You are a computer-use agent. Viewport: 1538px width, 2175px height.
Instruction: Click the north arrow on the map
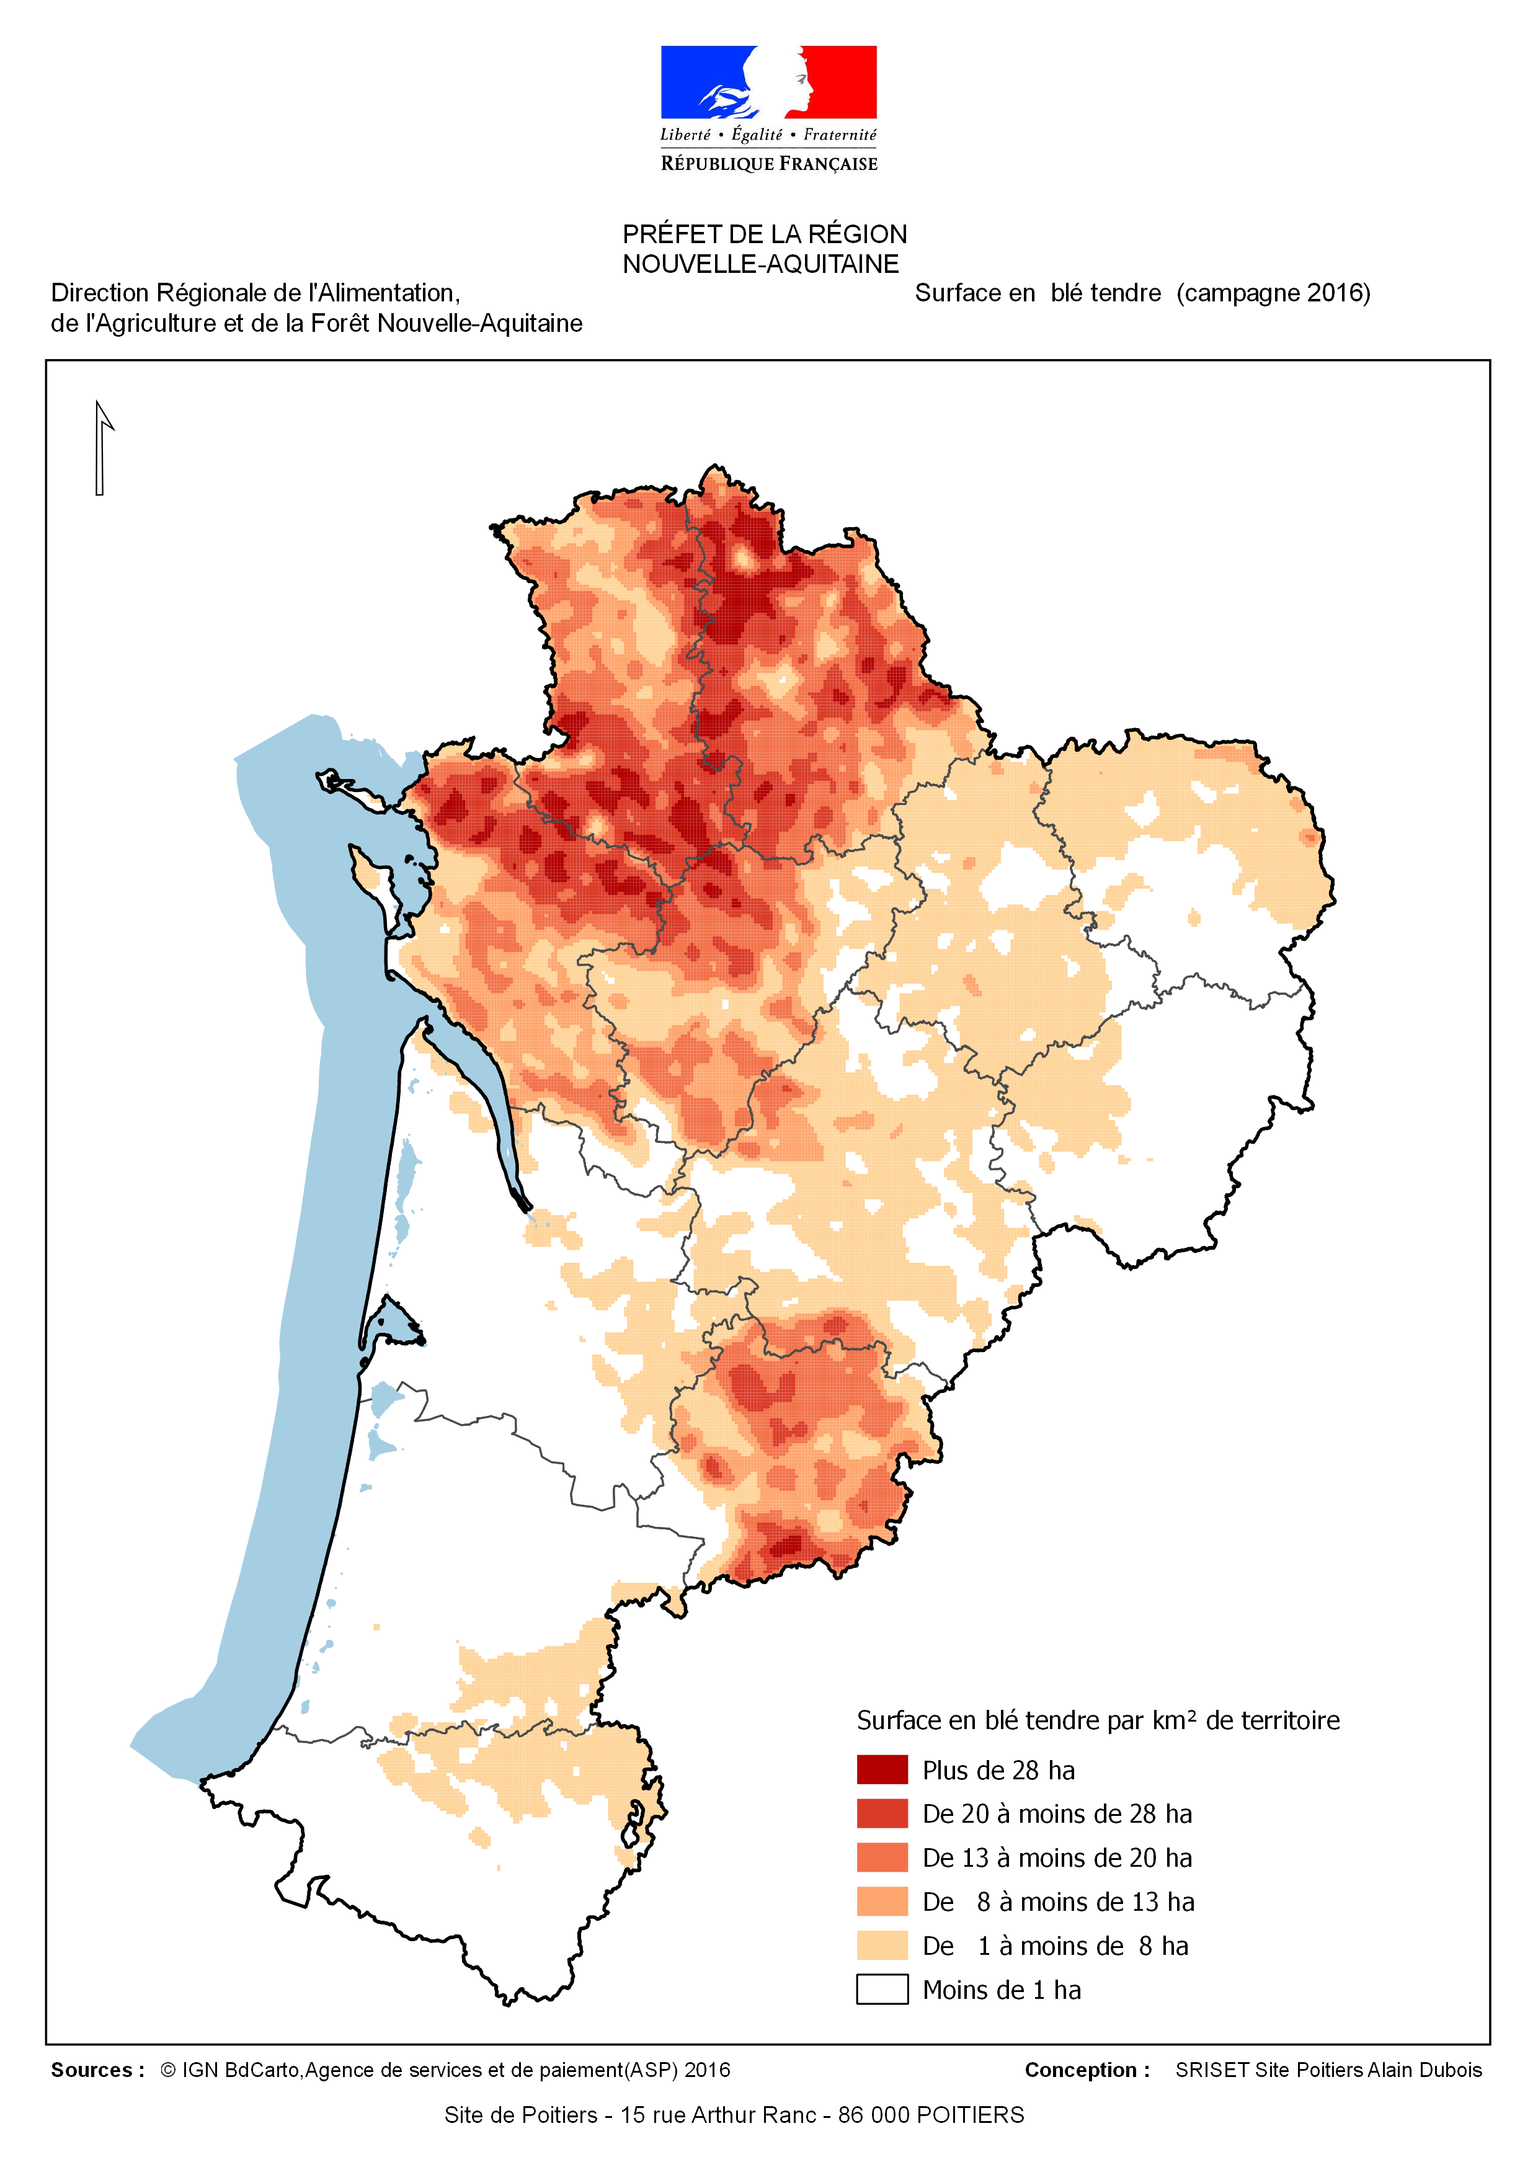tap(100, 447)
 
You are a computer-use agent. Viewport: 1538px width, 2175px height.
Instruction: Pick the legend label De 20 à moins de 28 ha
tap(1056, 1813)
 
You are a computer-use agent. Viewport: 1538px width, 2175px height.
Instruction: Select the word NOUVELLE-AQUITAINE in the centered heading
tap(760, 264)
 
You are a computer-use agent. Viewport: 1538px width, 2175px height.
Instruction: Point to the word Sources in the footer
tap(92, 2070)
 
